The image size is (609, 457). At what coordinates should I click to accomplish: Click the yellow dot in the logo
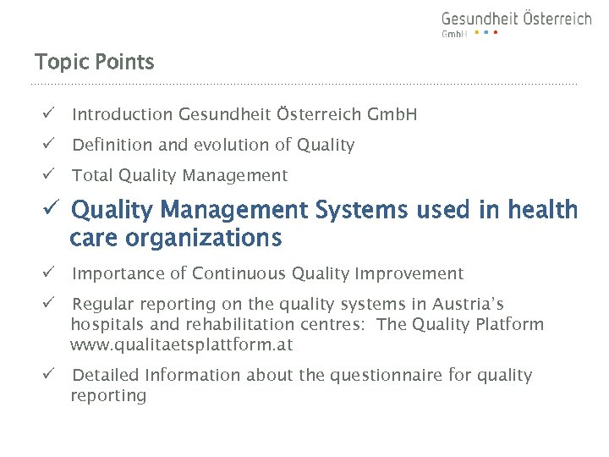476,33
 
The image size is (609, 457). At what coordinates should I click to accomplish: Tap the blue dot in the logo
486,33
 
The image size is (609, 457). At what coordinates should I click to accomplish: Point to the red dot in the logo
496,33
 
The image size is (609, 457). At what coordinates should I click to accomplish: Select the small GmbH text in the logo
454,34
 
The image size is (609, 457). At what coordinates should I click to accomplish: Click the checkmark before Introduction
50,114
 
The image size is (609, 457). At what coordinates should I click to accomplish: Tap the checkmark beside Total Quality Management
50,175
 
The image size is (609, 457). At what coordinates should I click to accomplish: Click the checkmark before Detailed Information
50,375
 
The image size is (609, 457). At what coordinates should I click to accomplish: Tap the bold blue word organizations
203,239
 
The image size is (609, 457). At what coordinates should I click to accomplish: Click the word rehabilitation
204,325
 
